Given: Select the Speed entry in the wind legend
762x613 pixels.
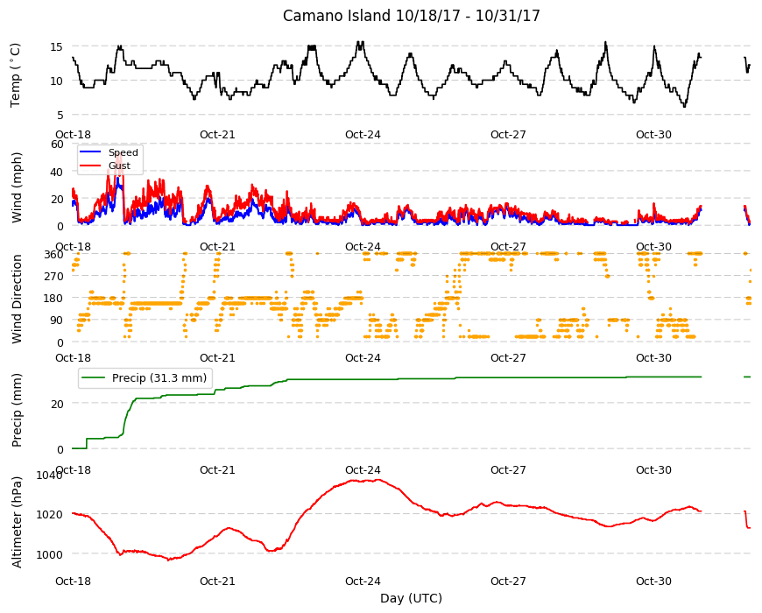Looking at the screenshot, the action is click(123, 152).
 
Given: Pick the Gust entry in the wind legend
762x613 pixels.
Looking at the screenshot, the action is click(119, 166).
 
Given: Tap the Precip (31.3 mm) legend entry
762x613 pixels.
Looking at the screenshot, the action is click(159, 378).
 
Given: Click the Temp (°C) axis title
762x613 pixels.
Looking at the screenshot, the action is click(15, 75).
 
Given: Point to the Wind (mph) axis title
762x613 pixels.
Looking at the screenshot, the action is click(17, 187).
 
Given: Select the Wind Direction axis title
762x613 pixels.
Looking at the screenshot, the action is click(17, 299).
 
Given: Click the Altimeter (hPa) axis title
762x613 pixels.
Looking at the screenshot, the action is click(17, 522).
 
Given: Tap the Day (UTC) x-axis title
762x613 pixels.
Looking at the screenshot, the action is click(411, 598).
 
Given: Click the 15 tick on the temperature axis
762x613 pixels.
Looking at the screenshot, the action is click(57, 46).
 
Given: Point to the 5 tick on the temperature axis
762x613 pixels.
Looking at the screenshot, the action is click(60, 115).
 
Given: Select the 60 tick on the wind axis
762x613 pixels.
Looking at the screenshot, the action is click(57, 144).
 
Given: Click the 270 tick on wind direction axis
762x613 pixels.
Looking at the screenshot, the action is click(53, 277).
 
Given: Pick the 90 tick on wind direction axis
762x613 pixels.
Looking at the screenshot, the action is click(57, 321).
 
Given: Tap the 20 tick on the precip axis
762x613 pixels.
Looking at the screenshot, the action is click(57, 404).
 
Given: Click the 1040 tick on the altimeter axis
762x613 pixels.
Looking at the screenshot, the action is click(50, 475).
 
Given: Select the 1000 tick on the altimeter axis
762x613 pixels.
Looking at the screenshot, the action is click(50, 554).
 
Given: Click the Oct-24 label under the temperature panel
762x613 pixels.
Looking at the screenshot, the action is click(363, 135).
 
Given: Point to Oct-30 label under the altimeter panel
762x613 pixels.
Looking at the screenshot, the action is click(653, 581).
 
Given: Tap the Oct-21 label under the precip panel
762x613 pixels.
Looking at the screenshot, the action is click(217, 470).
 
